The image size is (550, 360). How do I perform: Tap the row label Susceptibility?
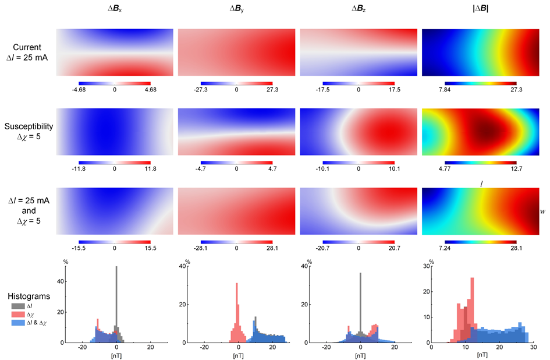[x=28, y=125]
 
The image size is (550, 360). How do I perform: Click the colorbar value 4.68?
[x=150, y=91]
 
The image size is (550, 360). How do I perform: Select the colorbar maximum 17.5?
[x=394, y=91]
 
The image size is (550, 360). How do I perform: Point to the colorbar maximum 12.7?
[x=516, y=169]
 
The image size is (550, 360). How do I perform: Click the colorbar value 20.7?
[x=394, y=248]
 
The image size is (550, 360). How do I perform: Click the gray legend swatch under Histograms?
[x=16, y=305]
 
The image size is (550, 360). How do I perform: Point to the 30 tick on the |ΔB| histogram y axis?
[x=427, y=267]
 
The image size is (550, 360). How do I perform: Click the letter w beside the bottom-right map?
[x=542, y=211]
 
